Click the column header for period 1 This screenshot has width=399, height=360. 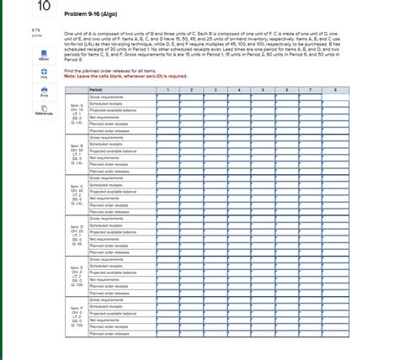tap(168, 87)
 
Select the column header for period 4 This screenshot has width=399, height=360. tap(240, 87)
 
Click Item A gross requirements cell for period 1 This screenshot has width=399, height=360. tap(168, 96)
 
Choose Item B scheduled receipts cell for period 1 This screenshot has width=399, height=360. tap(168, 144)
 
